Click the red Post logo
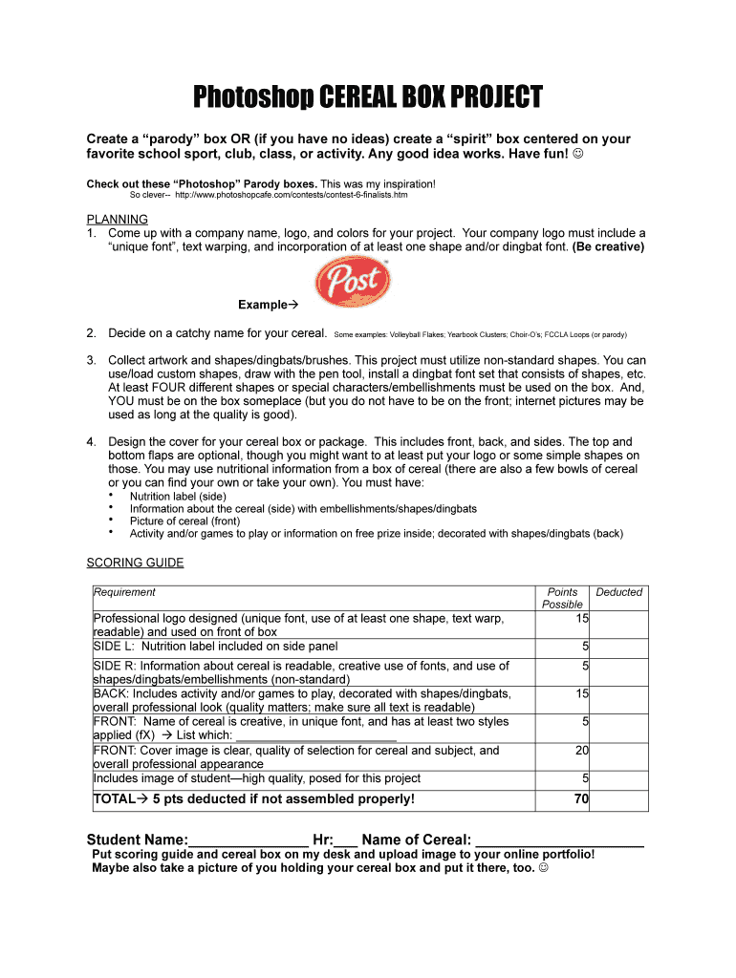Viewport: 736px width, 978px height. coord(353,281)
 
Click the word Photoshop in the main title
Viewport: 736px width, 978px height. coord(251,97)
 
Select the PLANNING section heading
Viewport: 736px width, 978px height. coord(117,219)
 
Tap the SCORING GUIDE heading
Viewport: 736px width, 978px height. coord(135,563)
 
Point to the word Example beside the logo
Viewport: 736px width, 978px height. coord(263,305)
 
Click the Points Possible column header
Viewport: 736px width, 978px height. coord(562,598)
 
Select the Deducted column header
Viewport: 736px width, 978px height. coord(619,592)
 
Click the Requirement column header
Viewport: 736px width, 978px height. coord(124,592)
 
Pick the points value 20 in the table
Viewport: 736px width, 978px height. coord(581,751)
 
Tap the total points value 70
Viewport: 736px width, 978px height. coord(581,799)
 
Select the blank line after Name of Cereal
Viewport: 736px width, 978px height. coord(560,840)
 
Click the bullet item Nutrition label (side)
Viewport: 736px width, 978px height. coord(178,497)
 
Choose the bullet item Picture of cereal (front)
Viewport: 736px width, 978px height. coord(184,521)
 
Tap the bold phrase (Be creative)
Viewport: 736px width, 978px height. coord(608,246)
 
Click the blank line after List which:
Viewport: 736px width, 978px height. coord(315,736)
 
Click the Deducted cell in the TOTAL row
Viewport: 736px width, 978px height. coord(619,799)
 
